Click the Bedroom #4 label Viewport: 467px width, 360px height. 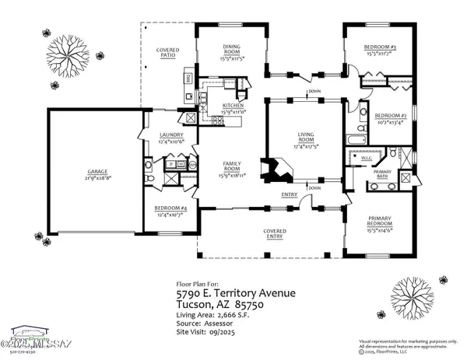point(170,211)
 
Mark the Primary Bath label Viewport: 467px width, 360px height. point(382,174)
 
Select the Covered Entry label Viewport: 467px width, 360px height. point(274,234)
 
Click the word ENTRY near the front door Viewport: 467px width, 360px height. point(289,194)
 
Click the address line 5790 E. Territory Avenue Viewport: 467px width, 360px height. point(233,294)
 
